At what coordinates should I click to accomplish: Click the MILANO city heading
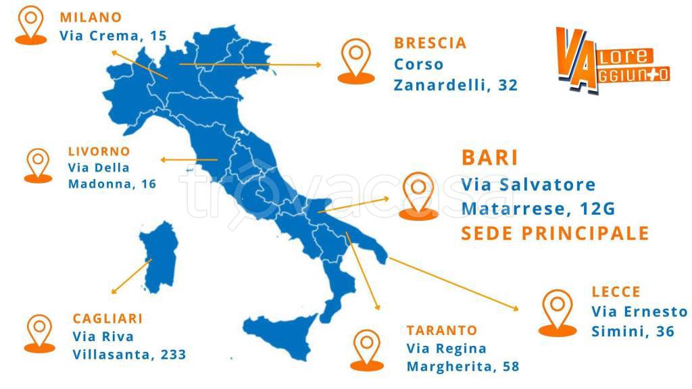91,17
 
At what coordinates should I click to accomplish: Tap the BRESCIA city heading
430,43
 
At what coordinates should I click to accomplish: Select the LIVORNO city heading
99,151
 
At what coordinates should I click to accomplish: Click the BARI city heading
490,158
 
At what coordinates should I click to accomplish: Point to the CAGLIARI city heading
107,318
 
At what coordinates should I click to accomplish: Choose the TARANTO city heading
441,330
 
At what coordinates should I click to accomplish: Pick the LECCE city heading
616,292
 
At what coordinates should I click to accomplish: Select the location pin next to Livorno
38,163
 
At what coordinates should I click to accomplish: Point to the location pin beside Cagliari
39,332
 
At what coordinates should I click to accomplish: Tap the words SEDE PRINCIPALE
555,234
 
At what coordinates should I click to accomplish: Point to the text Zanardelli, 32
455,85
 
